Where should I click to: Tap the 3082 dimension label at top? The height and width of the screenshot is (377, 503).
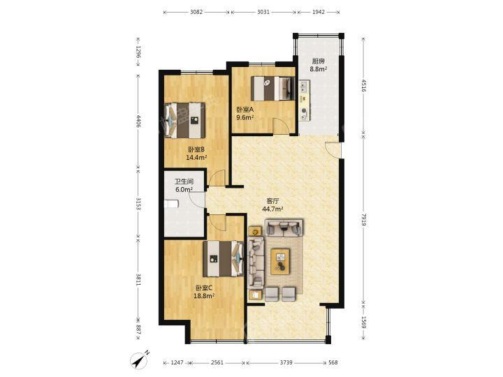(196, 12)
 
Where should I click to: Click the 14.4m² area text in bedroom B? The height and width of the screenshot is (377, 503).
(196, 157)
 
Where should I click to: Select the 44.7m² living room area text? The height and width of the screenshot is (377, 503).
(272, 209)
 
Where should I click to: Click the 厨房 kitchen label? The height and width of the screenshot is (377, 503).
(319, 61)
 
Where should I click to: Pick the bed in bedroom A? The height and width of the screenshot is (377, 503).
(273, 88)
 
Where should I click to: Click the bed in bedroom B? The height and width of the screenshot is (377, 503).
(185, 120)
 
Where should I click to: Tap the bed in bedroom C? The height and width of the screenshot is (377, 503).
(224, 259)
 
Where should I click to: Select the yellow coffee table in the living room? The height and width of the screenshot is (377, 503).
(280, 262)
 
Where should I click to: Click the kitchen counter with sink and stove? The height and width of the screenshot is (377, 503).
(305, 101)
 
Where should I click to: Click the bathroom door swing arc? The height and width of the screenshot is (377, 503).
(196, 200)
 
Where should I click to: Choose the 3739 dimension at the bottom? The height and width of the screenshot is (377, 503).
(286, 362)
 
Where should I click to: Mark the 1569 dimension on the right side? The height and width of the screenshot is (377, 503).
(364, 323)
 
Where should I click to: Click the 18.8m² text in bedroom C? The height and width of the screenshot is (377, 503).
(204, 296)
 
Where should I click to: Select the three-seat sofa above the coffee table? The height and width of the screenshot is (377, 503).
(284, 228)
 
